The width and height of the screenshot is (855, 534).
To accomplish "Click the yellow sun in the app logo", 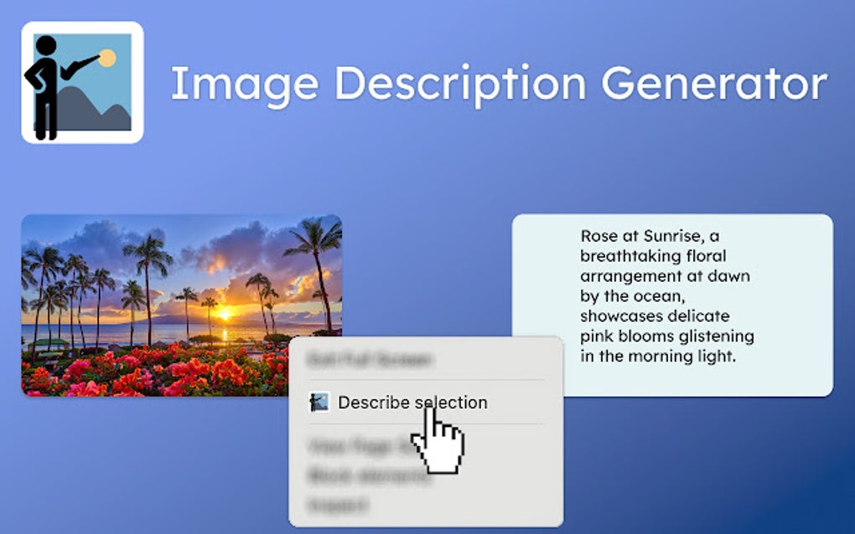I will point(107,59).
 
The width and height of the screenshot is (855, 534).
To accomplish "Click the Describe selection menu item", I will point(412,403).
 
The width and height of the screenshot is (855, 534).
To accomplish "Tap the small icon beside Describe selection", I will point(319,403).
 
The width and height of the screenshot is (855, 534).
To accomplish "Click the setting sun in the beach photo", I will point(225,314).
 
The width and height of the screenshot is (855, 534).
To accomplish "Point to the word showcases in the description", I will point(619,316).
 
